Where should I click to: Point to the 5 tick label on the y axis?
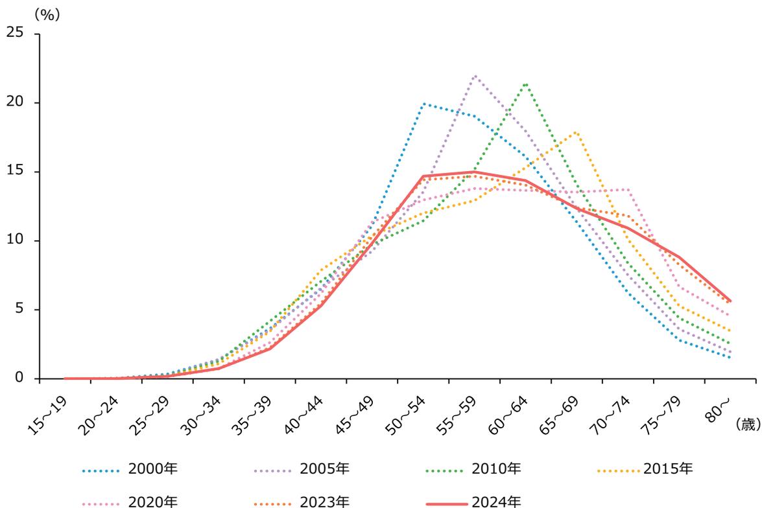tap(19, 310)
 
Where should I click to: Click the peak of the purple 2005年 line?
tap(475, 75)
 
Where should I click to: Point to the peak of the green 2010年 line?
tap(525, 83)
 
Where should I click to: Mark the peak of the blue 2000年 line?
tap(423, 104)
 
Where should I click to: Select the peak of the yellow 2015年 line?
tap(577, 132)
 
